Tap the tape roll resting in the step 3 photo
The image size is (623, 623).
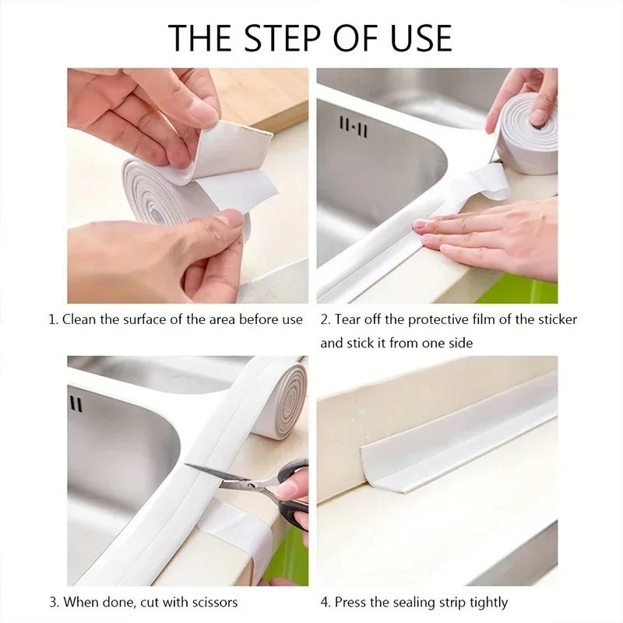(281, 399)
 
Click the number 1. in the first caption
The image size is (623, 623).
(54, 319)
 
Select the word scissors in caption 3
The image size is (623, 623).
(213, 602)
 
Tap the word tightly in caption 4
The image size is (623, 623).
(487, 602)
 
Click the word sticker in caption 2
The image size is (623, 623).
(558, 319)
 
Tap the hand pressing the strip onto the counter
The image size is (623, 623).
(498, 238)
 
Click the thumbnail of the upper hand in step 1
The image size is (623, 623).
(204, 114)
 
